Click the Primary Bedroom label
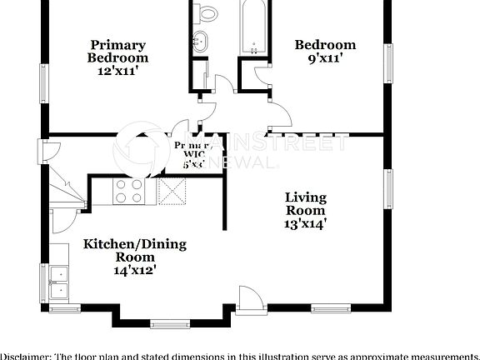(x=117, y=51)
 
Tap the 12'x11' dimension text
(x=117, y=72)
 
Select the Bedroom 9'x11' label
(x=325, y=52)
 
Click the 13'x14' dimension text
(x=305, y=222)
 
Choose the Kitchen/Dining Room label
(x=134, y=251)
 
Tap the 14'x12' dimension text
(x=135, y=270)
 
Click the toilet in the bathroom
(x=208, y=12)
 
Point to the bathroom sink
(x=200, y=42)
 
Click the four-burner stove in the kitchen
(x=129, y=192)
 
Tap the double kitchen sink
(x=59, y=281)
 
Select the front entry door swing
(x=248, y=298)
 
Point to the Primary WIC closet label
(x=193, y=154)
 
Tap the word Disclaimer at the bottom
(x=25, y=355)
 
